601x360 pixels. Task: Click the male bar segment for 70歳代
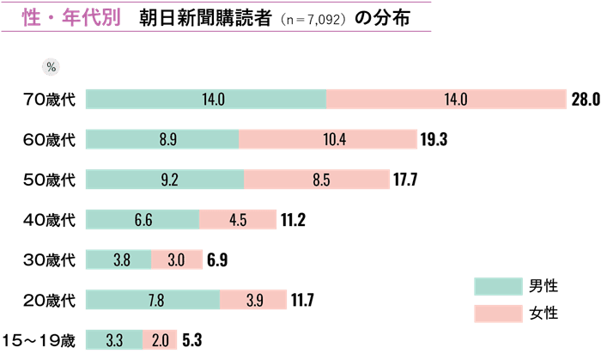(x=206, y=100)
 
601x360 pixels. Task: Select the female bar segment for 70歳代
(x=446, y=100)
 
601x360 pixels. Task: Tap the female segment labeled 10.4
(x=328, y=139)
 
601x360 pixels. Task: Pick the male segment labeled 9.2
(x=165, y=180)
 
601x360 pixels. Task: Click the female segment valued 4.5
(x=238, y=220)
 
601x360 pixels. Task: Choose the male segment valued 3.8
(x=118, y=259)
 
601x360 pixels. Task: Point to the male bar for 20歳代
(x=153, y=300)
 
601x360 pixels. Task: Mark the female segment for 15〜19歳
(x=160, y=340)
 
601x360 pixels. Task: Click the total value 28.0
(x=585, y=100)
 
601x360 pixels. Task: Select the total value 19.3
(x=436, y=139)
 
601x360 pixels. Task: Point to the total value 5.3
(x=193, y=340)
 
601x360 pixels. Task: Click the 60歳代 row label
(x=50, y=139)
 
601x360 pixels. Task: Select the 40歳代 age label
(x=50, y=220)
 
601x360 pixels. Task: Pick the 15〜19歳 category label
(x=39, y=340)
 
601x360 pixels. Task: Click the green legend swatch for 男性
(x=498, y=286)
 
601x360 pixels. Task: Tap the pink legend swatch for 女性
(x=498, y=314)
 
